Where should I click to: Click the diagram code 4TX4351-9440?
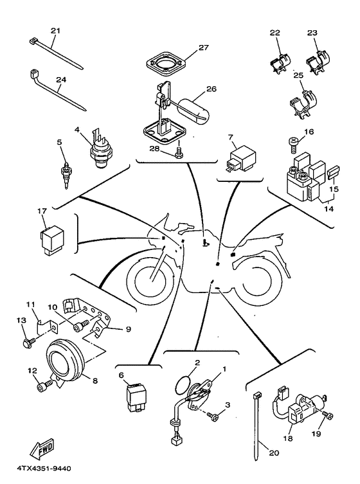tap(44, 469)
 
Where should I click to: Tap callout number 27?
tap(204, 48)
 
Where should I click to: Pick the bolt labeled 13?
tap(28, 343)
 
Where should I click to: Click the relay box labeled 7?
tap(242, 157)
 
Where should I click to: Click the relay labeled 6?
tap(135, 398)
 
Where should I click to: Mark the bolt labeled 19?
tap(327, 415)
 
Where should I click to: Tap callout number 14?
tap(328, 209)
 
